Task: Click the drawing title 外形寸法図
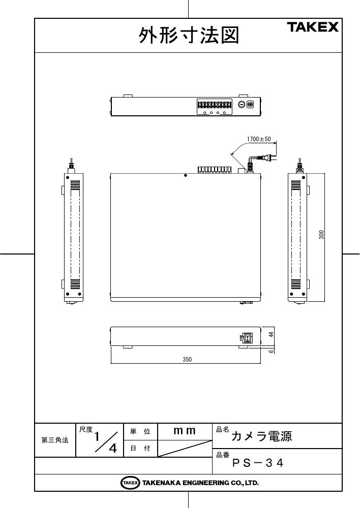point(189,36)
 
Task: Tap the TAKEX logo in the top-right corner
point(313,27)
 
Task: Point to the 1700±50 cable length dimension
point(258,139)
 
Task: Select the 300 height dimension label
point(321,235)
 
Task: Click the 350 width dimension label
point(187,359)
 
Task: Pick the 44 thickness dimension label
point(272,334)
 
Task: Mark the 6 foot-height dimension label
point(272,351)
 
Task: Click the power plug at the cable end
point(266,158)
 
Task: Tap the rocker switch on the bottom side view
point(247,338)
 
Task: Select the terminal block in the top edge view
point(215,105)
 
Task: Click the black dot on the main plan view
point(185,175)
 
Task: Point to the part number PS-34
point(258,463)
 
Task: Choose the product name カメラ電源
point(261,436)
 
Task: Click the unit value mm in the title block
point(185,431)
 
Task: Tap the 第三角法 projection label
point(55,440)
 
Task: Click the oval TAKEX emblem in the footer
point(130,483)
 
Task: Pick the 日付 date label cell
point(140,449)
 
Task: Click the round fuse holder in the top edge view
point(241,105)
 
